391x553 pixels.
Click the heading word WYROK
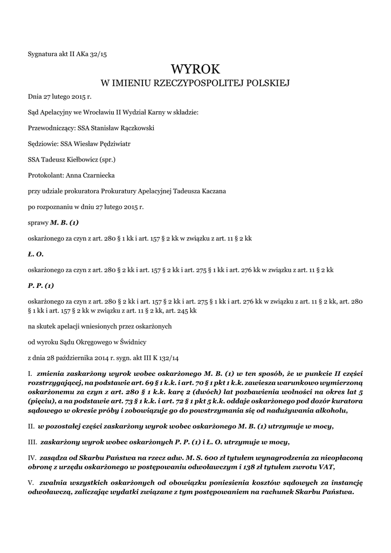[195, 69]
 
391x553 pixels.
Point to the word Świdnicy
[141, 342]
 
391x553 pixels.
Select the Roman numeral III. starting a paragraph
[33, 442]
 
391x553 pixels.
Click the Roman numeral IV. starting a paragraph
[32, 457]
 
